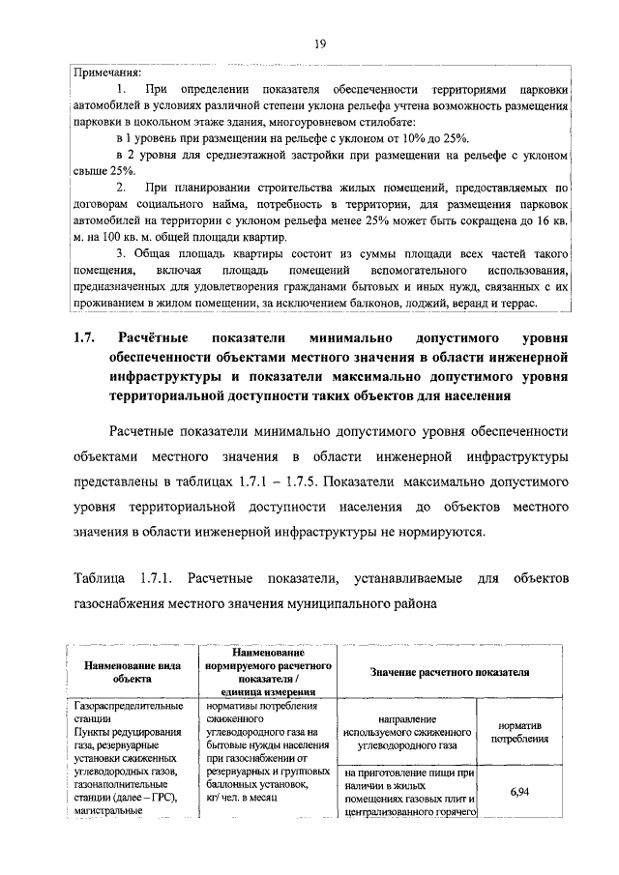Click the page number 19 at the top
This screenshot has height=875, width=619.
pyautogui.click(x=316, y=44)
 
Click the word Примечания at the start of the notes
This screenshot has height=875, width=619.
pyautogui.click(x=107, y=72)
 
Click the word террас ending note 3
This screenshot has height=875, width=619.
pyautogui.click(x=527, y=304)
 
